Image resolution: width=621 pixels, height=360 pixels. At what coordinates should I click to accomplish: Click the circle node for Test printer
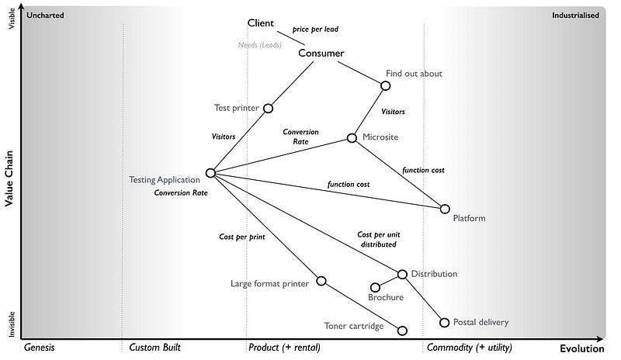point(269,108)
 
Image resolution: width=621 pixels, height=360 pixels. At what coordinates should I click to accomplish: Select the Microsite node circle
point(352,137)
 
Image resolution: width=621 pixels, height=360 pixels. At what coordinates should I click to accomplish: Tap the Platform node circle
point(445,209)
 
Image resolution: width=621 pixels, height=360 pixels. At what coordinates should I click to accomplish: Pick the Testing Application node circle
point(210,173)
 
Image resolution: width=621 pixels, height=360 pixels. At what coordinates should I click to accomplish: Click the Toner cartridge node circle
point(402,331)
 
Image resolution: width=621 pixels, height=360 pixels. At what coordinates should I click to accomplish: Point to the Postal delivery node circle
point(445,322)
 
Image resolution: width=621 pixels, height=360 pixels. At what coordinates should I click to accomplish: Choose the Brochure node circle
point(376,288)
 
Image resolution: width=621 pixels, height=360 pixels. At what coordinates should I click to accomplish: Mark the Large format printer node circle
point(321,281)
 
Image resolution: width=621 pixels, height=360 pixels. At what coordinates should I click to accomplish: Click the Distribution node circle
point(402,274)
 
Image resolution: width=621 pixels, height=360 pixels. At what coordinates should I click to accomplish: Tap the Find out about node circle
point(386,85)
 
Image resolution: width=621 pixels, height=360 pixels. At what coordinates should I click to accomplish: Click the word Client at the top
point(261,22)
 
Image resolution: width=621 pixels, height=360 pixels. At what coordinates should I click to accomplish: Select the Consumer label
point(321,54)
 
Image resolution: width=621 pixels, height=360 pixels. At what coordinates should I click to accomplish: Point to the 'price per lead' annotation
point(315,29)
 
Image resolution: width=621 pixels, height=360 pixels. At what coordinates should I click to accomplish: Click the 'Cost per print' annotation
point(241,236)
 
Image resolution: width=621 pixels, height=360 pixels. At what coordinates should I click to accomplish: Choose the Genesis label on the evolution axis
point(39,348)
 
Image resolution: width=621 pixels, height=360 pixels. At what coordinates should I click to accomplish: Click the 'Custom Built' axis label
point(154,348)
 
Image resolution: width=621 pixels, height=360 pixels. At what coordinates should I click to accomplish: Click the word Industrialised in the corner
point(575,15)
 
